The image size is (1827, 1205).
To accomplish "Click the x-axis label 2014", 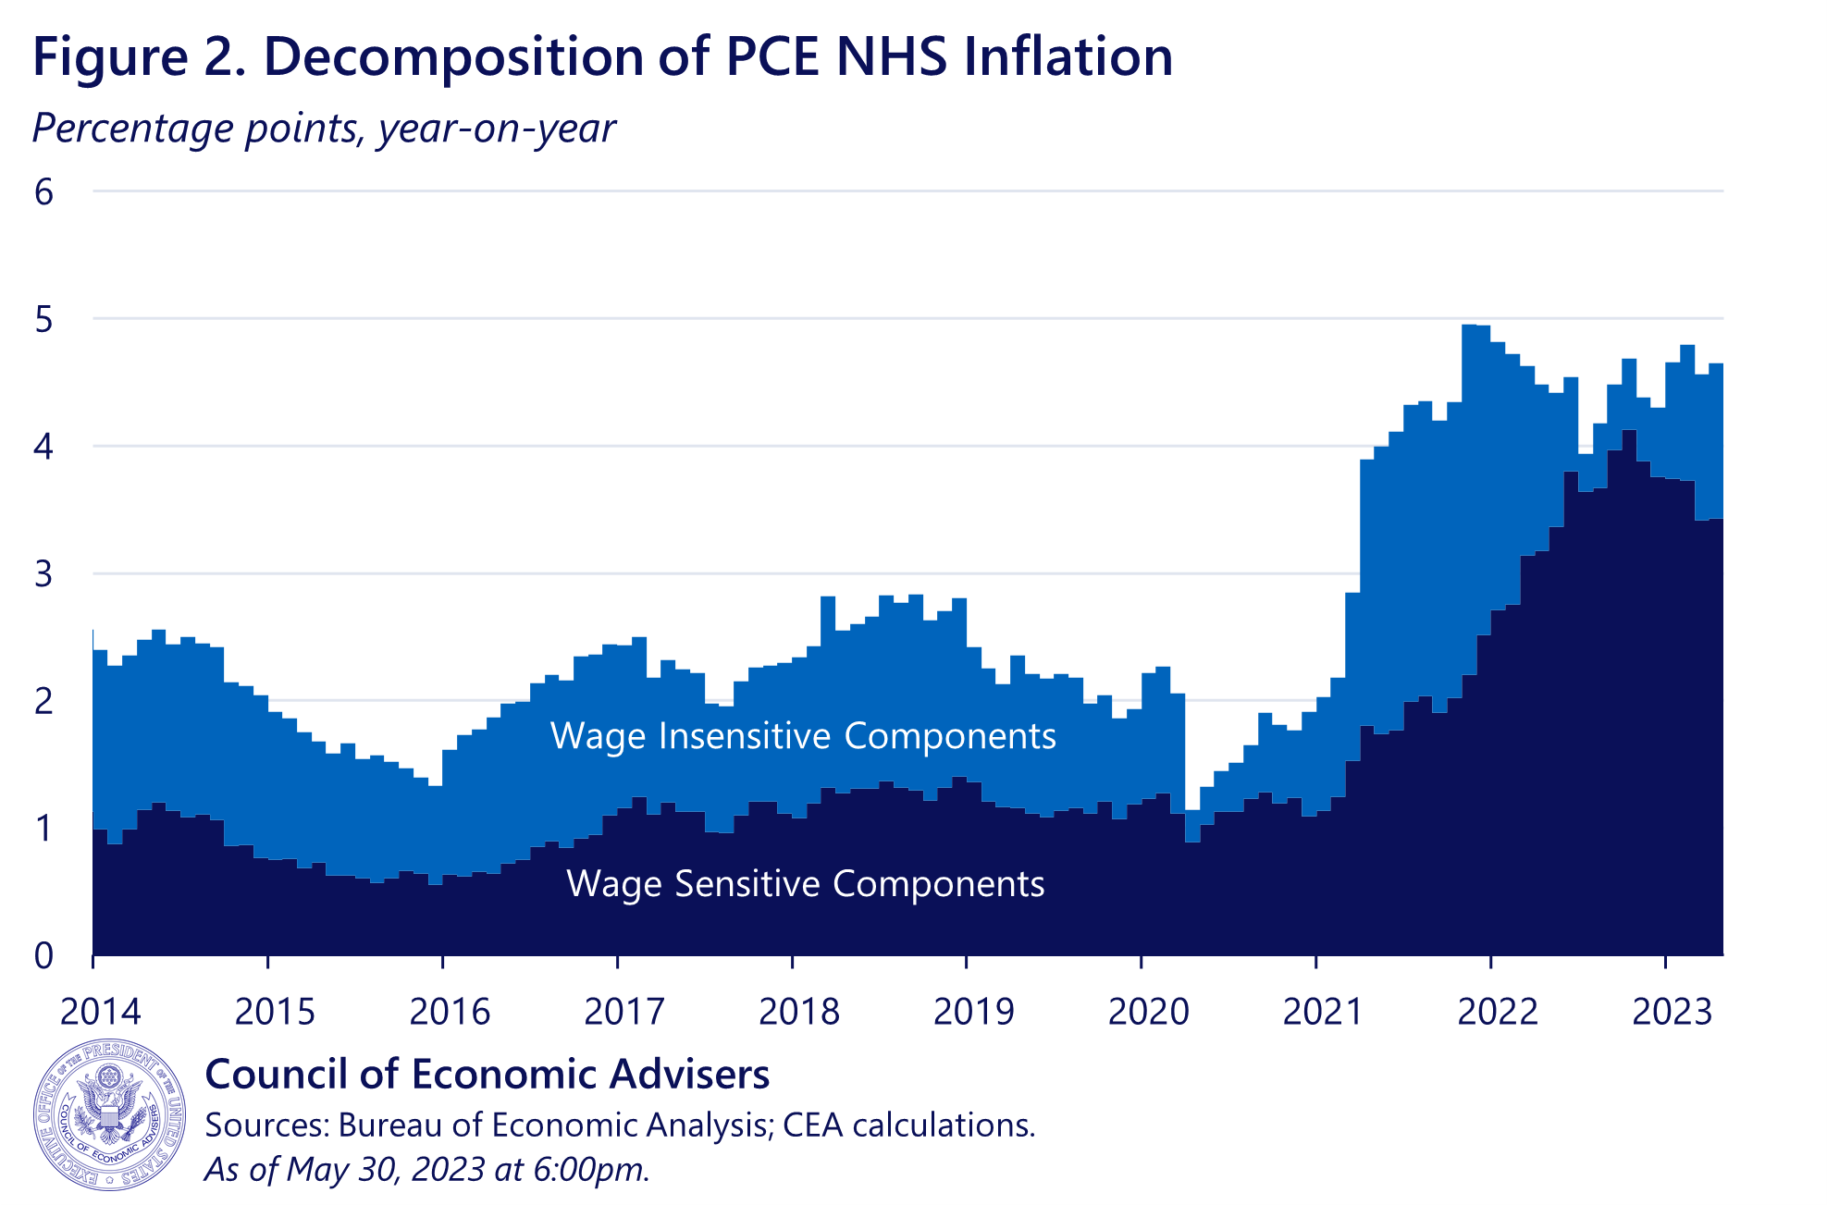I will tap(100, 1012).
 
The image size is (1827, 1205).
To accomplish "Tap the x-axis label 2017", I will tap(624, 1012).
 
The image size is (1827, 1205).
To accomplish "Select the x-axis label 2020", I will tap(1148, 1012).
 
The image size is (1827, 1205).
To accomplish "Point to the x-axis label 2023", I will tap(1672, 1012).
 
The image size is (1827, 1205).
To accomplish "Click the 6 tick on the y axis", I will tap(43, 192).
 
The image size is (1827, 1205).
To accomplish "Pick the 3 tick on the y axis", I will tap(43, 574).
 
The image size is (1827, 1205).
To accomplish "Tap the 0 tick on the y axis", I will tap(43, 956).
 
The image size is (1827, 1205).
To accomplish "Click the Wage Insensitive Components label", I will tap(803, 736).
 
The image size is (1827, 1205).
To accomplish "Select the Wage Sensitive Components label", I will tap(805, 884).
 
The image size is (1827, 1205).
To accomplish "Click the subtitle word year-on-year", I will tap(497, 129).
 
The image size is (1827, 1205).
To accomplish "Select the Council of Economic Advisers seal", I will tap(109, 1115).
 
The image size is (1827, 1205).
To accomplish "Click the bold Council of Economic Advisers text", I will tap(487, 1075).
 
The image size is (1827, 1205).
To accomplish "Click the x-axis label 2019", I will tap(973, 1012).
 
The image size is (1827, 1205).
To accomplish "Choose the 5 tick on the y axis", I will tap(43, 320).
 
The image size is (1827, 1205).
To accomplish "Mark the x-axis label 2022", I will tap(1497, 1012).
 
